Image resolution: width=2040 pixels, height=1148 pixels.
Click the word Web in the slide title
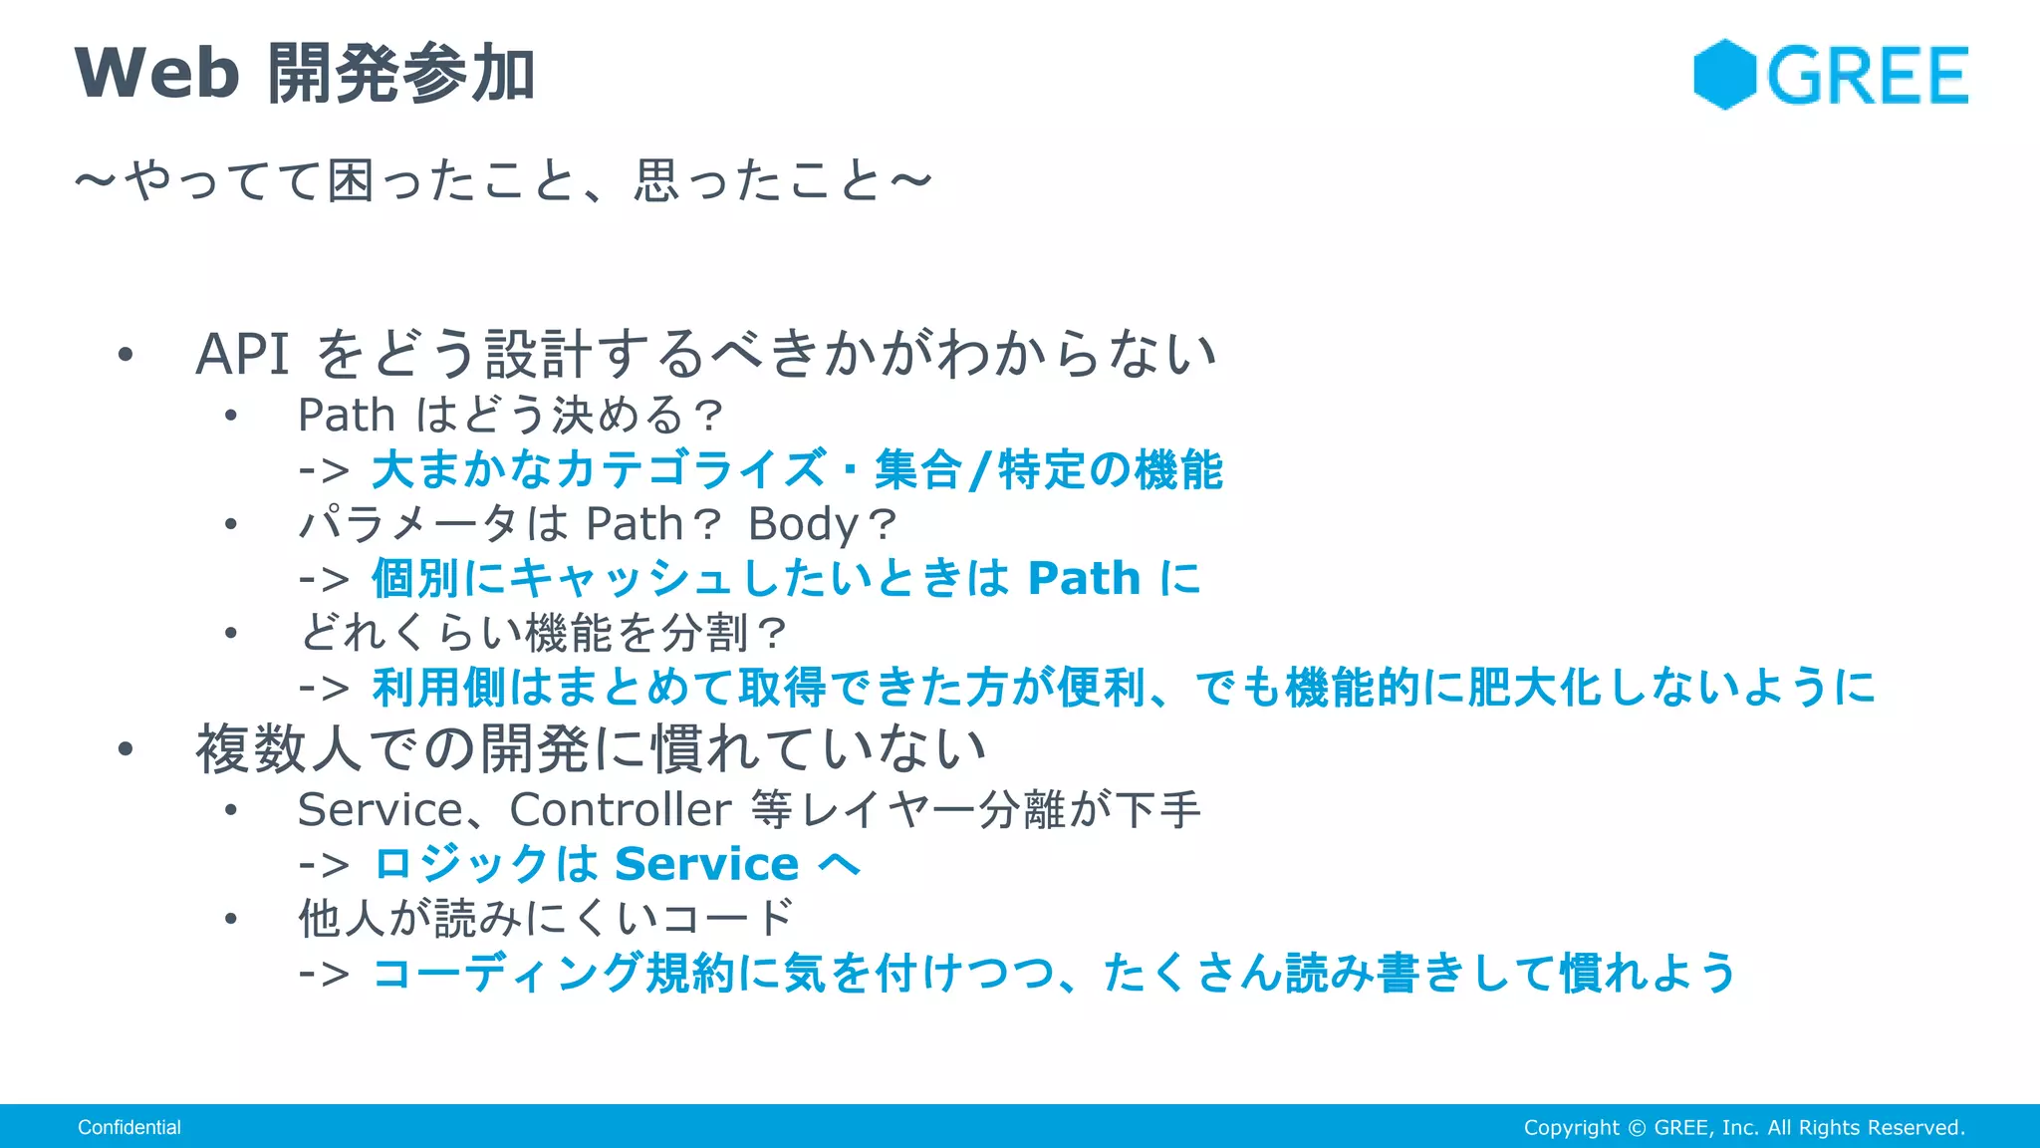157,74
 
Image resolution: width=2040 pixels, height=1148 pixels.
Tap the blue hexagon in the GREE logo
1724,75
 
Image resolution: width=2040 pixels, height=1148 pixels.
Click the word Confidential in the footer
129,1127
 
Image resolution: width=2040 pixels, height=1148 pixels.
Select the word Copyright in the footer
1571,1127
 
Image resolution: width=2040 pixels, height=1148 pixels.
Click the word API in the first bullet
242,355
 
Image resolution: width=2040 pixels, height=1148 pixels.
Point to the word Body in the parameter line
803,524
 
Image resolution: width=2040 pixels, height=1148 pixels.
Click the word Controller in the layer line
620,809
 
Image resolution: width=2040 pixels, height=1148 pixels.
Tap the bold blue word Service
706,864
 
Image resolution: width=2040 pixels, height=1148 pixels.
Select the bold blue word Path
1084,579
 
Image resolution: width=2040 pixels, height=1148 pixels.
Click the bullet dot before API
125,355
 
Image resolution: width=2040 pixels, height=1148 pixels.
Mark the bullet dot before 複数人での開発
125,749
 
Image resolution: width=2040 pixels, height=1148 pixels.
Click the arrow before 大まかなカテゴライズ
324,470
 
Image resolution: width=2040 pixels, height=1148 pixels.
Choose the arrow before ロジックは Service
324,865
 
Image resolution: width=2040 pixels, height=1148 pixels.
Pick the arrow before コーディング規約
324,974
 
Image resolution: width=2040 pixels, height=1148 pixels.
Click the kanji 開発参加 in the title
401,74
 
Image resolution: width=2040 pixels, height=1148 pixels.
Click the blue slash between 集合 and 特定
980,470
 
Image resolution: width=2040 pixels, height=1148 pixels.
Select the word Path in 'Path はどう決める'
346,416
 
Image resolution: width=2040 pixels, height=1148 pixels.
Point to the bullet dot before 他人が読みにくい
231,919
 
